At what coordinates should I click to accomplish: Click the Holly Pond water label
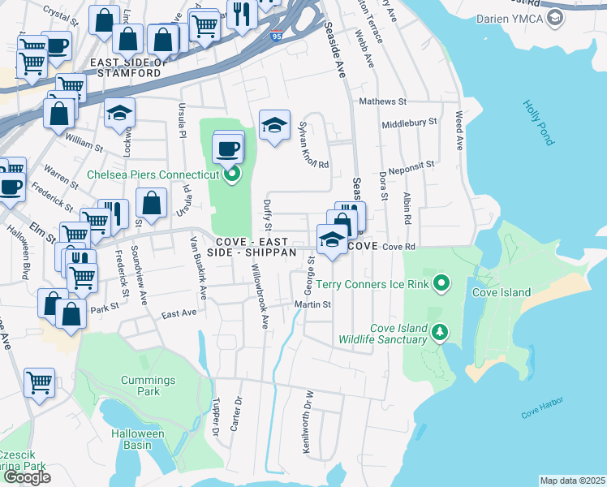[x=538, y=123]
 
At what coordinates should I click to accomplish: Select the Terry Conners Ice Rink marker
[x=441, y=283]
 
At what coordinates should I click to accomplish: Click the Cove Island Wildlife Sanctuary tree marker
[x=440, y=331]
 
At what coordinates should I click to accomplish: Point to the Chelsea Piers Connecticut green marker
[x=232, y=174]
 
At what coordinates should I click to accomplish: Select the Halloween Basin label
[x=138, y=439]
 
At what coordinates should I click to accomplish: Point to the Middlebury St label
[x=410, y=121]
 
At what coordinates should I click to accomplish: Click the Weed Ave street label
[x=459, y=129]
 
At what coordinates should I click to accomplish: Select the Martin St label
[x=313, y=305]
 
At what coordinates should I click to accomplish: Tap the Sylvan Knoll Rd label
[x=313, y=144]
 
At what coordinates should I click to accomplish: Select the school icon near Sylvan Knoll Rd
[x=274, y=125]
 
